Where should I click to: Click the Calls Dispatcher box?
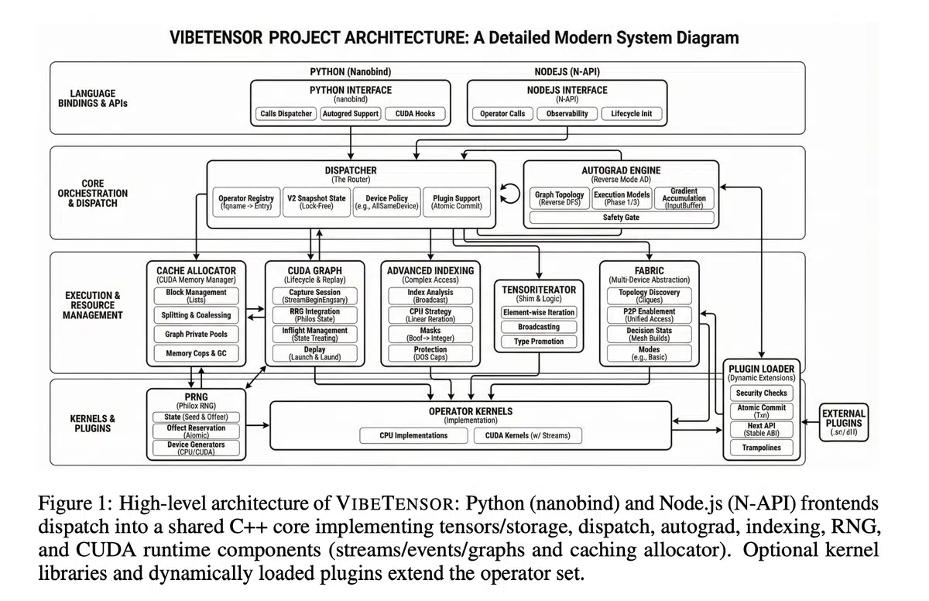286,114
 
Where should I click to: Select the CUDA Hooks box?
415,114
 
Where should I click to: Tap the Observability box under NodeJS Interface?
567,114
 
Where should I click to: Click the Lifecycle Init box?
631,114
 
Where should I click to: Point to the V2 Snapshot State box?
316,203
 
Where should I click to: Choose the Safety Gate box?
621,218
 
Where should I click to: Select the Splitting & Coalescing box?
196,315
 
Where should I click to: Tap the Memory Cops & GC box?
196,354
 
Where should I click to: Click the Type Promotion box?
538,342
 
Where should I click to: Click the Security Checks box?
760,393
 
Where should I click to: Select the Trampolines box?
760,448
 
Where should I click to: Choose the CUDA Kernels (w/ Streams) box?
527,436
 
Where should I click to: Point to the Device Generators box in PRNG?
196,448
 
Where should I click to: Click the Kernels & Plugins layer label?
93,424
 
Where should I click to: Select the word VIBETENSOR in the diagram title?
219,37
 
